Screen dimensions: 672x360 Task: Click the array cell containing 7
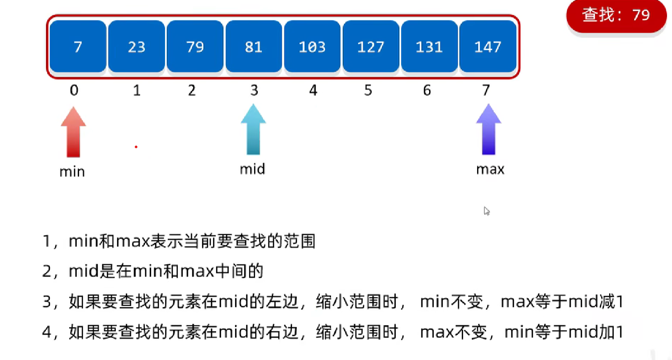pos(78,47)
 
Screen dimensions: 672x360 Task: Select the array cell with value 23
pos(136,47)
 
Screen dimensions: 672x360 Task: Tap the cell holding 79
pos(195,47)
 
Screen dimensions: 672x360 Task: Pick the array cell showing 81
pos(253,47)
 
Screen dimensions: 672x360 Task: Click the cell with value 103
pos(312,47)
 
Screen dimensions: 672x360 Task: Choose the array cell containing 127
pos(370,47)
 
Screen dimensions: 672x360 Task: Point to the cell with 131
pos(429,47)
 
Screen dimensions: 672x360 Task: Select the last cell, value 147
pos(487,47)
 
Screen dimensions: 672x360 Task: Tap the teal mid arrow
pos(253,129)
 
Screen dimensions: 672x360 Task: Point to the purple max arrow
pos(488,129)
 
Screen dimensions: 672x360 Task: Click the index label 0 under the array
pos(74,91)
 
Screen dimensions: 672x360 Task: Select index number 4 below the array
pos(313,91)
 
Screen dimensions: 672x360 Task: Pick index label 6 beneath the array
pos(427,91)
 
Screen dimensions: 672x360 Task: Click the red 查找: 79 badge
pos(616,16)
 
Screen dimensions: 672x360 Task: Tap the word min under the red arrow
pos(72,172)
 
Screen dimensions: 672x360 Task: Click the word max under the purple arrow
pos(490,170)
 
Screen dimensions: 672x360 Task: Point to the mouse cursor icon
pos(487,211)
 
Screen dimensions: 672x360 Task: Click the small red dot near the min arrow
pos(136,147)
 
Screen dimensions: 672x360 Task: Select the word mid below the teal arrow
pos(252,169)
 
